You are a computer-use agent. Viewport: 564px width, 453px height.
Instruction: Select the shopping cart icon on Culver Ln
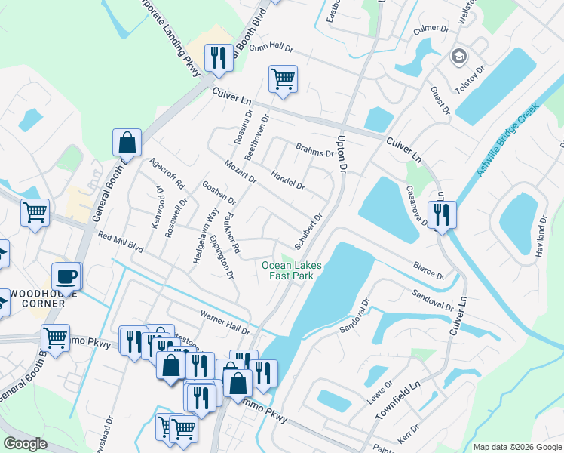[x=283, y=79]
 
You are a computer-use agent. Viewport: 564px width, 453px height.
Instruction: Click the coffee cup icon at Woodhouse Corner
[x=66, y=277]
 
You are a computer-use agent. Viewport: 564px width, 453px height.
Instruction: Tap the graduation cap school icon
[x=458, y=57]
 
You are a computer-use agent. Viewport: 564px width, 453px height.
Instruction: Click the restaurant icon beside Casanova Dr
[x=442, y=214]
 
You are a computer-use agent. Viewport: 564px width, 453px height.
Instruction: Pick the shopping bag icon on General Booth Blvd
[x=127, y=143]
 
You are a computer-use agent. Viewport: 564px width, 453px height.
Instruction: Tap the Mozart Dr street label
[x=241, y=171]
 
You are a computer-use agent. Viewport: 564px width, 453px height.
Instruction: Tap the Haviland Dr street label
[x=540, y=234]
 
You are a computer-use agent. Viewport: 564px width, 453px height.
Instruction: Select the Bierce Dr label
[x=428, y=270]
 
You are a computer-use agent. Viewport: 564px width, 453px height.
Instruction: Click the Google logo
[x=25, y=444]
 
